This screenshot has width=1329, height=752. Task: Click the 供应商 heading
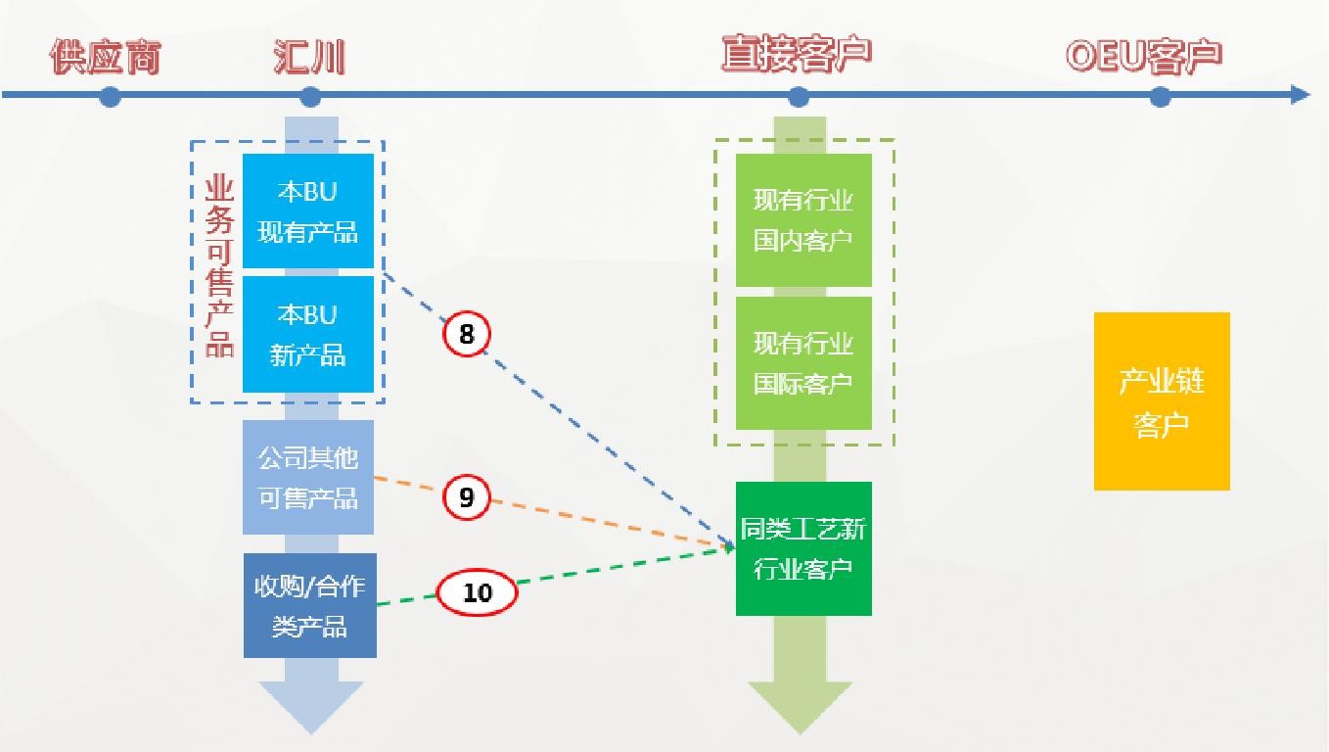pyautogui.click(x=105, y=58)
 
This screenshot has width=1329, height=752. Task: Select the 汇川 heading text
pyautogui.click(x=309, y=58)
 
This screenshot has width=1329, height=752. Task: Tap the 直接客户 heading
pyautogui.click(x=796, y=55)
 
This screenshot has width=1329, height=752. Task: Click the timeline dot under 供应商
pyautogui.click(x=110, y=96)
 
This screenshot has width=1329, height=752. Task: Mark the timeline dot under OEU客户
pyautogui.click(x=1160, y=96)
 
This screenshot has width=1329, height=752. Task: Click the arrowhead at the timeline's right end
pyautogui.click(x=1300, y=95)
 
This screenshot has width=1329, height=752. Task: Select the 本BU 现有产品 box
pyautogui.click(x=308, y=211)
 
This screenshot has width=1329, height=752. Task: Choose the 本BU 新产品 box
pyautogui.click(x=308, y=335)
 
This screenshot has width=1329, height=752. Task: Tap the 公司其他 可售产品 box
pyautogui.click(x=308, y=478)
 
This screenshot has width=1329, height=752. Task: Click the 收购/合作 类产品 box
pyautogui.click(x=309, y=605)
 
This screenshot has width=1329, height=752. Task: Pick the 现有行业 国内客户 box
pyautogui.click(x=803, y=220)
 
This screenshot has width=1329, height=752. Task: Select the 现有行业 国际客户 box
pyautogui.click(x=803, y=362)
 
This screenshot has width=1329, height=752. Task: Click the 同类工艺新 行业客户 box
pyautogui.click(x=803, y=548)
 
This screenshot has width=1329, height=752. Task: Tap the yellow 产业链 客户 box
pyautogui.click(x=1162, y=401)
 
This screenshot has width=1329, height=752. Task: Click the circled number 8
pyautogui.click(x=467, y=335)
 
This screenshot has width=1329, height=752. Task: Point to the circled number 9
pyautogui.click(x=467, y=497)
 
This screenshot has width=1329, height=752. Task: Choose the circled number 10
pyautogui.click(x=477, y=592)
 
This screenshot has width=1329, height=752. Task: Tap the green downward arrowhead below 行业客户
pyautogui.click(x=801, y=705)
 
